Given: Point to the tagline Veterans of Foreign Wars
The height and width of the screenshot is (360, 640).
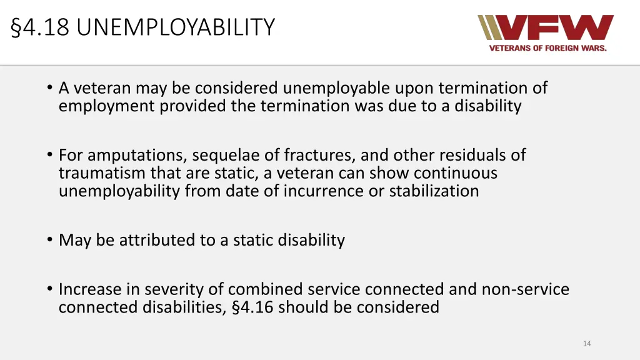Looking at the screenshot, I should (547, 48).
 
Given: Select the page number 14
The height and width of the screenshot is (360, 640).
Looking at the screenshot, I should (587, 344).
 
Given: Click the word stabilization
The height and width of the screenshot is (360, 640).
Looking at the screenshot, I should (434, 191).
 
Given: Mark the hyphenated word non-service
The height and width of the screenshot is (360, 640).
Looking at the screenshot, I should (525, 289).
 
